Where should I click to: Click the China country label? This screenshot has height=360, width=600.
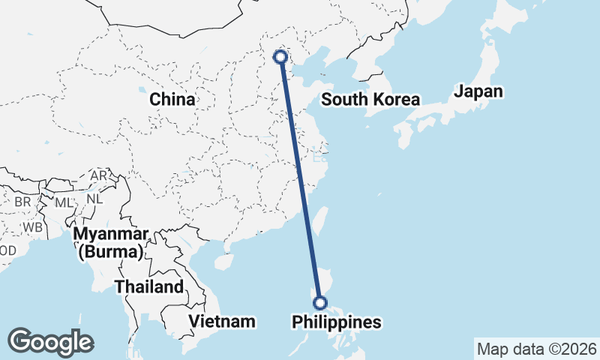[172, 99]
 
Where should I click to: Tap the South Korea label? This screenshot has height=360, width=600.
[370, 100]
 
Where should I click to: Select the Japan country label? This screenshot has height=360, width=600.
[478, 91]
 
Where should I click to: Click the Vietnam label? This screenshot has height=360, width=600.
[222, 321]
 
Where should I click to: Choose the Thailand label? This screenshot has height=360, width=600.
[148, 286]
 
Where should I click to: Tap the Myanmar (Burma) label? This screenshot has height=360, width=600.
[110, 242]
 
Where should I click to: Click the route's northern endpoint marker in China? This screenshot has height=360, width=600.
[280, 56]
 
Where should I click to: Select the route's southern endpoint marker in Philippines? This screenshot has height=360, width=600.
[320, 303]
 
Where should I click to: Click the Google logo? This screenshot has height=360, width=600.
[50, 341]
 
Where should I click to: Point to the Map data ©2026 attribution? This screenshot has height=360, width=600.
[536, 349]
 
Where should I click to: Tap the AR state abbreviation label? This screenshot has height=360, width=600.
[99, 175]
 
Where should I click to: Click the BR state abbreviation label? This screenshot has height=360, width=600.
[22, 202]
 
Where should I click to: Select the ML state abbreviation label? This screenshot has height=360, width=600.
[64, 202]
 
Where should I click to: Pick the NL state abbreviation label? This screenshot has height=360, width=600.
[94, 199]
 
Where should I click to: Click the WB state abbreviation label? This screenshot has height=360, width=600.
[31, 226]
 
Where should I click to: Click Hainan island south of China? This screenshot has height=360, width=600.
[223, 262]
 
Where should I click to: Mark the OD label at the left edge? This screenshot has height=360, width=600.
[7, 250]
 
